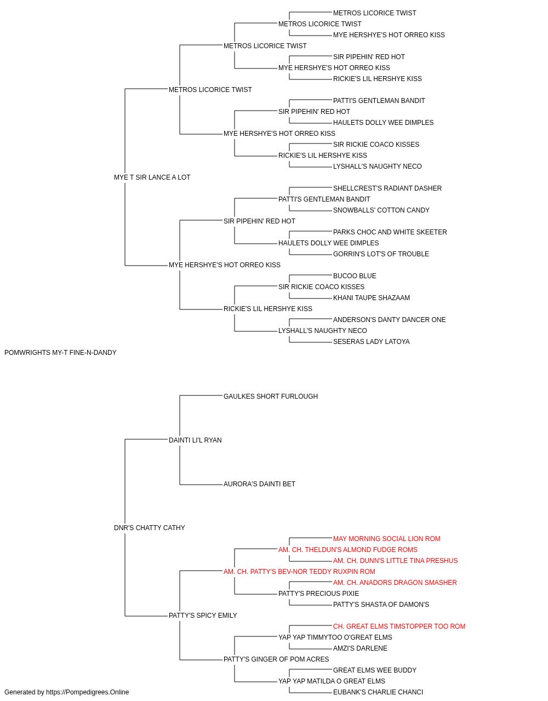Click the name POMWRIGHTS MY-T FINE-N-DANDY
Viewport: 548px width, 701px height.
60,353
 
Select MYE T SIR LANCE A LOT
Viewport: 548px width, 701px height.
152,177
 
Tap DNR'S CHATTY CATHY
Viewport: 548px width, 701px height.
150,528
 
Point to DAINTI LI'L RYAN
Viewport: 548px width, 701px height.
195,440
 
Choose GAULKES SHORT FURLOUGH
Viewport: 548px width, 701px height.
271,397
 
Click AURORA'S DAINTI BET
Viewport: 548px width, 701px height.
259,484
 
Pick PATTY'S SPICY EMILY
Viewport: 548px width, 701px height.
203,616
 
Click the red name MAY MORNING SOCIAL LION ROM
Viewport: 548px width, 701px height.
387,539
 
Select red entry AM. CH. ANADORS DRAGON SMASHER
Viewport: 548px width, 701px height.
395,583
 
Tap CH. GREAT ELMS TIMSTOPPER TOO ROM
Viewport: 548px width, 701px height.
399,627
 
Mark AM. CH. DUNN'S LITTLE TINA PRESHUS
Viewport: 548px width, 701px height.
395,561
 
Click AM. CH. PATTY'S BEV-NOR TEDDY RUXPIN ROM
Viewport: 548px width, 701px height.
300,572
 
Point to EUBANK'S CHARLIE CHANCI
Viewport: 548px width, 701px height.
378,692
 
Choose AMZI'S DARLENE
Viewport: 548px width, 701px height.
360,648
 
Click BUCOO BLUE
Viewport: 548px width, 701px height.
355,276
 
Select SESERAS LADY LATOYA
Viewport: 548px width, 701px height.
372,342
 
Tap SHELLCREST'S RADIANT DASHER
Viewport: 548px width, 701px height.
387,188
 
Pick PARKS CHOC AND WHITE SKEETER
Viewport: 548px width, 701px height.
390,232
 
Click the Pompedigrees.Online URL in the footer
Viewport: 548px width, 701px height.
88,692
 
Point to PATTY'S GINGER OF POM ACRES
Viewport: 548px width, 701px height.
276,659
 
